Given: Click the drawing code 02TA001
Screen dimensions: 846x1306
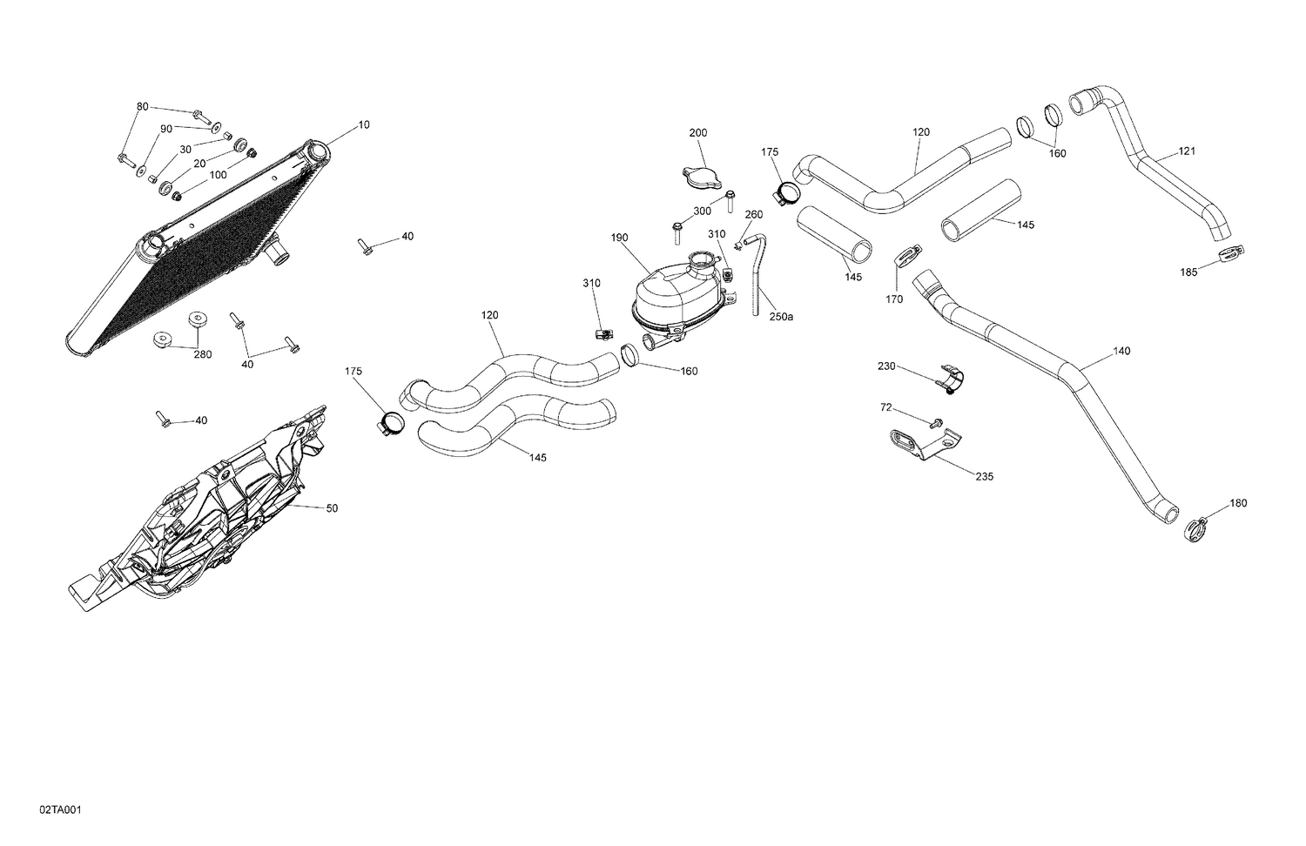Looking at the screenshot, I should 60,810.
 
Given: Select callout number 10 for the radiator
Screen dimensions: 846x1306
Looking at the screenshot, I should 364,125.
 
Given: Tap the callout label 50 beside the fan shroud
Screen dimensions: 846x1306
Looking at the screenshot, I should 332,508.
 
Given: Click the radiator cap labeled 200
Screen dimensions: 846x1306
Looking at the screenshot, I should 702,179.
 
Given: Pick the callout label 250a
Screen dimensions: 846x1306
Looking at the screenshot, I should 781,317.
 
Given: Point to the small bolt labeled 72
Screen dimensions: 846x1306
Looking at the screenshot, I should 936,423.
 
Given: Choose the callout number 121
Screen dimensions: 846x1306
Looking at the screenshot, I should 1188,151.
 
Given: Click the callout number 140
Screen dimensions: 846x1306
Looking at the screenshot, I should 1121,352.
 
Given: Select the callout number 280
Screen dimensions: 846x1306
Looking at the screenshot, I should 202,354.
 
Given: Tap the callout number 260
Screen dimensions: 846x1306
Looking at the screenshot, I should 754,215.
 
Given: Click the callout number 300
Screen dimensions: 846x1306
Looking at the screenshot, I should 702,211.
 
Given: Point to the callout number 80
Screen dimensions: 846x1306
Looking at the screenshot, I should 142,107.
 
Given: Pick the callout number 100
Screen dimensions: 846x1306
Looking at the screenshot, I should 218,175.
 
